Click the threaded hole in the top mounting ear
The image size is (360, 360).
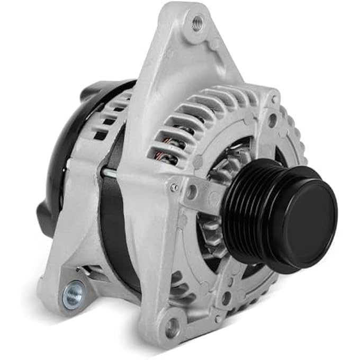(x=197, y=23)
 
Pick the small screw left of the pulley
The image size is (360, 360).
(x=174, y=187)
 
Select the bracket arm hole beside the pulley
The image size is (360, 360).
(x=192, y=191)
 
